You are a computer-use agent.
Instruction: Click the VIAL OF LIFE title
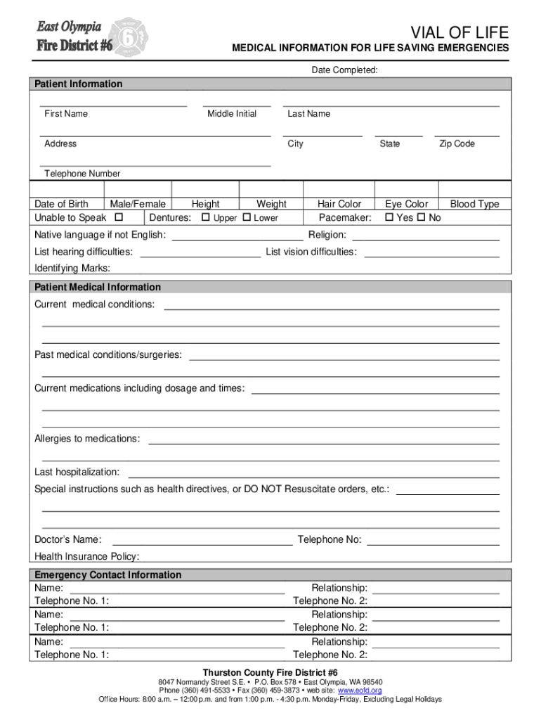[x=459, y=32]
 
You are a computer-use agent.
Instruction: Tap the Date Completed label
[x=345, y=70]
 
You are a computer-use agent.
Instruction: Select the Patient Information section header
[x=79, y=84]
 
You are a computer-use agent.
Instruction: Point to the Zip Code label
[x=457, y=144]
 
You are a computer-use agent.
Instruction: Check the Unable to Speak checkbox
[x=118, y=217]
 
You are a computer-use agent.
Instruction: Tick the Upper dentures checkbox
[x=205, y=217]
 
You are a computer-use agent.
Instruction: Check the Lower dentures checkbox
[x=247, y=217]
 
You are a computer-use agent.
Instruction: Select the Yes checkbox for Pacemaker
[x=391, y=217]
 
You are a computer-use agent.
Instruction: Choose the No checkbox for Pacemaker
[x=422, y=217]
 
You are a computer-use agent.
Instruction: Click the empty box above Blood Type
[x=474, y=190]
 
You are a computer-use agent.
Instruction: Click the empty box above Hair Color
[x=339, y=190]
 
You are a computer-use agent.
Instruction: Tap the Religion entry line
[x=425, y=239]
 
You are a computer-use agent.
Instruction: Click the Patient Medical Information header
[x=98, y=288]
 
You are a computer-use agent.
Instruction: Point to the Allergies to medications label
[x=87, y=439]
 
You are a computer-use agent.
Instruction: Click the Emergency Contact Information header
[x=108, y=575]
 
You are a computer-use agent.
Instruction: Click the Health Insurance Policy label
[x=87, y=557]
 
